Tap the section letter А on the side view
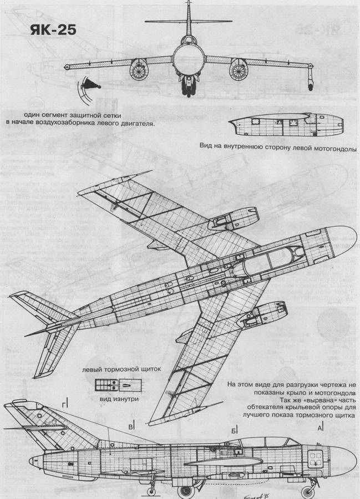320,427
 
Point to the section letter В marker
131,427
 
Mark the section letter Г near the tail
65,401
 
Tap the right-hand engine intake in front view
238,71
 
